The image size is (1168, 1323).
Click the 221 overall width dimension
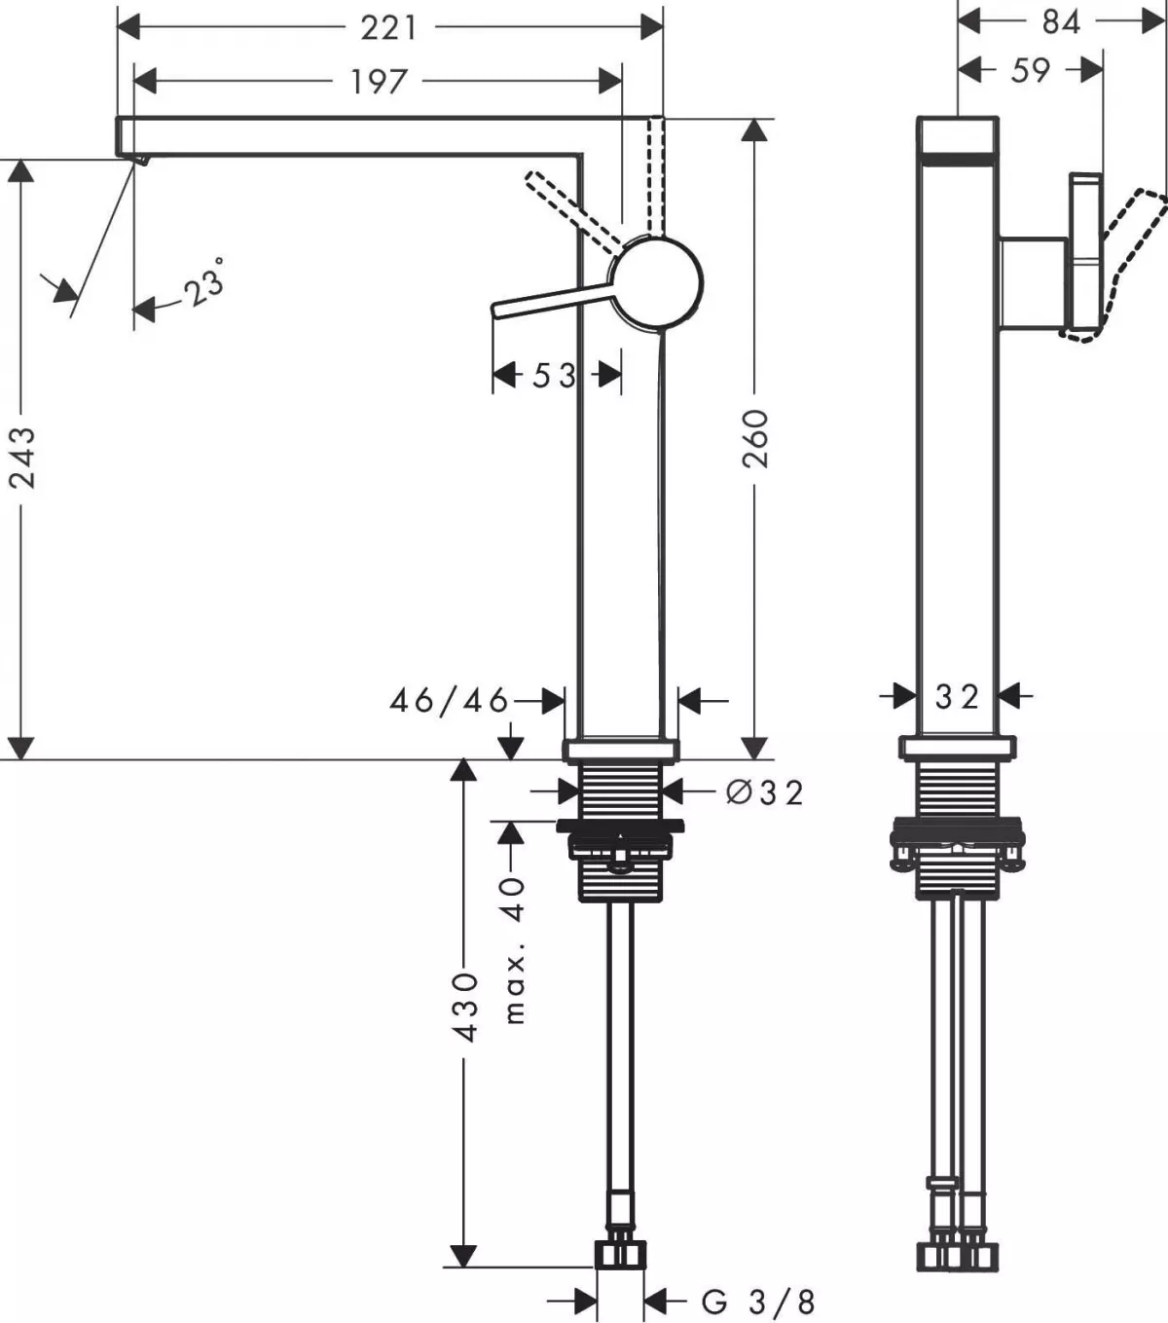click(x=389, y=27)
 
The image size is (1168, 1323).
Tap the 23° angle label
click(x=205, y=283)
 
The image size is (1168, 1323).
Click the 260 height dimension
click(x=756, y=438)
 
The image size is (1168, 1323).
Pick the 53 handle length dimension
click(x=554, y=375)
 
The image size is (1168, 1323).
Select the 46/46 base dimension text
click(x=449, y=700)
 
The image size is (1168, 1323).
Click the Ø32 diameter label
click(x=765, y=792)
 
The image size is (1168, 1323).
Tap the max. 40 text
click(x=515, y=949)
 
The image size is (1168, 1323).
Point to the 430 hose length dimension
click(x=466, y=1006)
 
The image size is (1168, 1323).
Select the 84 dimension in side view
click(x=1060, y=21)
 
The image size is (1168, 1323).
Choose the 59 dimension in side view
click(x=1031, y=70)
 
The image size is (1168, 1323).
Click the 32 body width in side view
click(x=956, y=696)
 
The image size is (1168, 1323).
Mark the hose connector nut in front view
click(x=620, y=1254)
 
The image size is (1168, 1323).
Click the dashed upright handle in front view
click(x=655, y=175)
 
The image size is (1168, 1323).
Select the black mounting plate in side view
click(x=958, y=834)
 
